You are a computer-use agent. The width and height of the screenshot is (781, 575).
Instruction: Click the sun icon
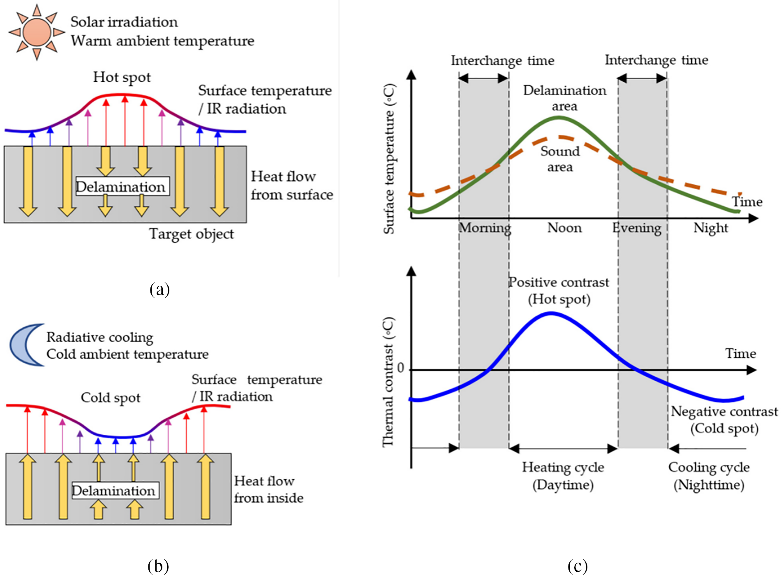click(x=37, y=32)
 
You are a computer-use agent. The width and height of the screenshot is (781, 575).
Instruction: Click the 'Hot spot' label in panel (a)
click(x=122, y=77)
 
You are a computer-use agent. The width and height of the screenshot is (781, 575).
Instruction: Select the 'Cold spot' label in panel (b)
click(x=110, y=398)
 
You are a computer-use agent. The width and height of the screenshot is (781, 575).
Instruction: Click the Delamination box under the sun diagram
click(x=122, y=187)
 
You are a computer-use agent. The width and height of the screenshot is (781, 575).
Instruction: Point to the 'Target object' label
click(x=191, y=234)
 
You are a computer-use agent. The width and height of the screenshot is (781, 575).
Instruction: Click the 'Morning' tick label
click(x=485, y=228)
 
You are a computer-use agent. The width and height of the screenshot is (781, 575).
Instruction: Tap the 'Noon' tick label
click(x=564, y=228)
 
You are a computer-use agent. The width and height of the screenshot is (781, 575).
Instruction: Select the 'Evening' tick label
click(x=637, y=228)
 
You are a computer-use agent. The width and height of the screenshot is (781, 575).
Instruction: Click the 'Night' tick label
click(x=711, y=228)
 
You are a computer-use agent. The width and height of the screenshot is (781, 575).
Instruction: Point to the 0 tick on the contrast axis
click(x=401, y=369)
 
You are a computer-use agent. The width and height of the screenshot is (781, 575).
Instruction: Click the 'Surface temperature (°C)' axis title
click(x=389, y=159)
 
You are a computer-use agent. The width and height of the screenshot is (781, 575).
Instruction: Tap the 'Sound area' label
click(x=560, y=159)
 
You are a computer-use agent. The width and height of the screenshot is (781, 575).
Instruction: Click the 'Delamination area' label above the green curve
click(x=564, y=98)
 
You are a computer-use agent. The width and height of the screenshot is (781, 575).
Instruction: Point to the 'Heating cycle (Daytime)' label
click(x=563, y=476)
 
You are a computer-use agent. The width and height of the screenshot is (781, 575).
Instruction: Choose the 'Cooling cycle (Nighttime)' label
click(x=709, y=476)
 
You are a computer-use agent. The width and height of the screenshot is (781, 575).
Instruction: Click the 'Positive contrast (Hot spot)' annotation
click(x=559, y=290)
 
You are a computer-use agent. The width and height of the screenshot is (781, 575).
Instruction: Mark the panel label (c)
click(x=577, y=566)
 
